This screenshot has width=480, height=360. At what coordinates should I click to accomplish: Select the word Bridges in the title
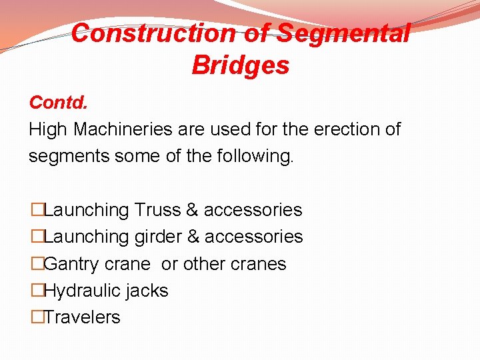[240, 65]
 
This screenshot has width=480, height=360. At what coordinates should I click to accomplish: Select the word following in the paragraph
[256, 156]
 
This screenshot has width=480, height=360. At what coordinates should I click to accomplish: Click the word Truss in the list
[157, 210]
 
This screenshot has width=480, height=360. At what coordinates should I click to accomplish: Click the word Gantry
[73, 264]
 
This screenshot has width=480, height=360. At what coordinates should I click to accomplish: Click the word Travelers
[82, 317]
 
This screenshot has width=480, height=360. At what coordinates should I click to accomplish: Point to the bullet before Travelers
[37, 317]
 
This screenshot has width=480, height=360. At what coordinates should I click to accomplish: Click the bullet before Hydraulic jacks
[37, 291]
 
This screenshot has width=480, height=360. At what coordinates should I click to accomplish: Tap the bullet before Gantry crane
[37, 264]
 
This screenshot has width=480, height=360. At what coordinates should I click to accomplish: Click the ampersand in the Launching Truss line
[192, 210]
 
